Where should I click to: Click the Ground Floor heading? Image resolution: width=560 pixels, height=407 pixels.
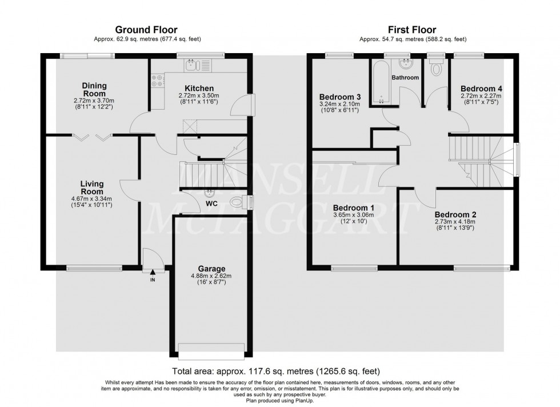click(146, 30)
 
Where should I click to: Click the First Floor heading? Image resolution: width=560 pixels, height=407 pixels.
click(413, 30)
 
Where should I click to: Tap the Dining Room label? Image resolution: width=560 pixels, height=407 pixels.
click(94, 90)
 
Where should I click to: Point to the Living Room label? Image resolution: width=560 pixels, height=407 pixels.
click(91, 187)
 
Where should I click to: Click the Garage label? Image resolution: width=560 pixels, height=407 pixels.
click(212, 269)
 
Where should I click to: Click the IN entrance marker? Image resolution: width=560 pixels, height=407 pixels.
click(153, 280)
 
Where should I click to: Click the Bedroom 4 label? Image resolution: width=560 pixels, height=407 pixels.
click(482, 89)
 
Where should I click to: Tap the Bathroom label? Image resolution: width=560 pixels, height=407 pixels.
click(405, 77)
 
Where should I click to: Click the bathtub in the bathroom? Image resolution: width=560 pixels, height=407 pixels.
click(381, 83)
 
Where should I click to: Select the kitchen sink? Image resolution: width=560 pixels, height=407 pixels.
click(193, 66)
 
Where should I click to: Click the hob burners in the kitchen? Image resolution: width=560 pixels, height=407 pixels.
click(154, 82)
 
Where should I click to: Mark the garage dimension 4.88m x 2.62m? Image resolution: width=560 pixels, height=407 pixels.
click(212, 277)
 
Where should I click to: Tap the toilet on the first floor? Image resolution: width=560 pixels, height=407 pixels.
click(437, 69)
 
